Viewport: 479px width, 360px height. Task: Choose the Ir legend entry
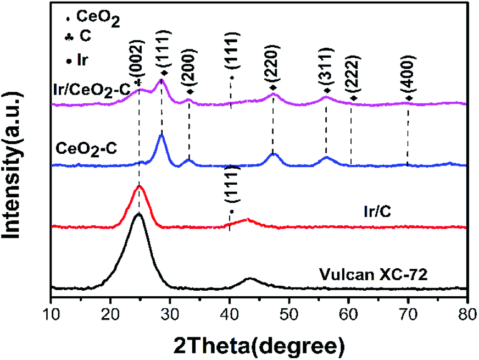(82, 58)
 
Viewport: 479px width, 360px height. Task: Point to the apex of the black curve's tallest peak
(138, 214)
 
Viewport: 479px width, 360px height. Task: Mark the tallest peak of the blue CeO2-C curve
(161, 135)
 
